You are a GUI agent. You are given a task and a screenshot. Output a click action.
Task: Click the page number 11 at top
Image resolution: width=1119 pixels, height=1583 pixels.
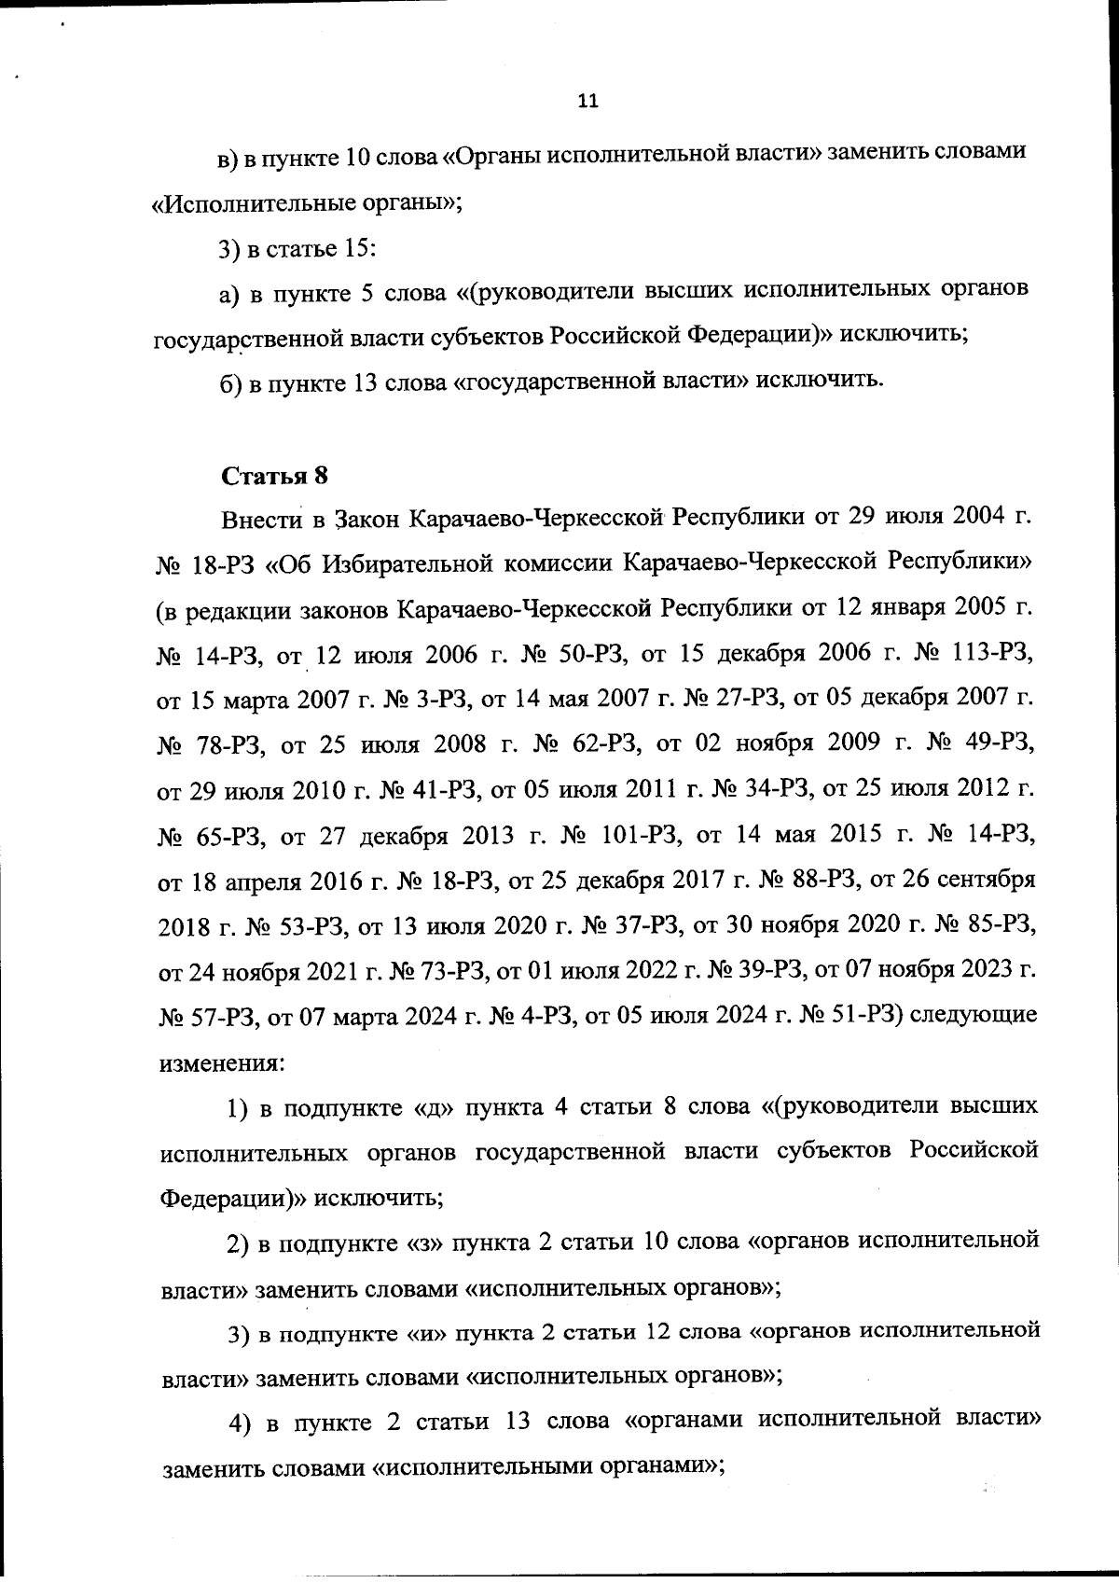[587, 102]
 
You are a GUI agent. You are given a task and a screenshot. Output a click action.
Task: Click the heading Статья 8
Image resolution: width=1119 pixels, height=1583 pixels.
[275, 476]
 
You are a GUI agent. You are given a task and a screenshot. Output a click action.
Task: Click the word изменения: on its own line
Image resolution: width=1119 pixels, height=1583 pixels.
[221, 1062]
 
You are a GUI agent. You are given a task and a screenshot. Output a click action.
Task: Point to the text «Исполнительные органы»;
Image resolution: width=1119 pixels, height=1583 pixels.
[308, 203]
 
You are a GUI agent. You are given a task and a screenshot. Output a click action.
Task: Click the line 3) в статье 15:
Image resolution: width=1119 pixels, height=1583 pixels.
[297, 249]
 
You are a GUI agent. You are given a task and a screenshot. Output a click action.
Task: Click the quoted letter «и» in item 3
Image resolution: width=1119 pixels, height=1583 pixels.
[430, 1333]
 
